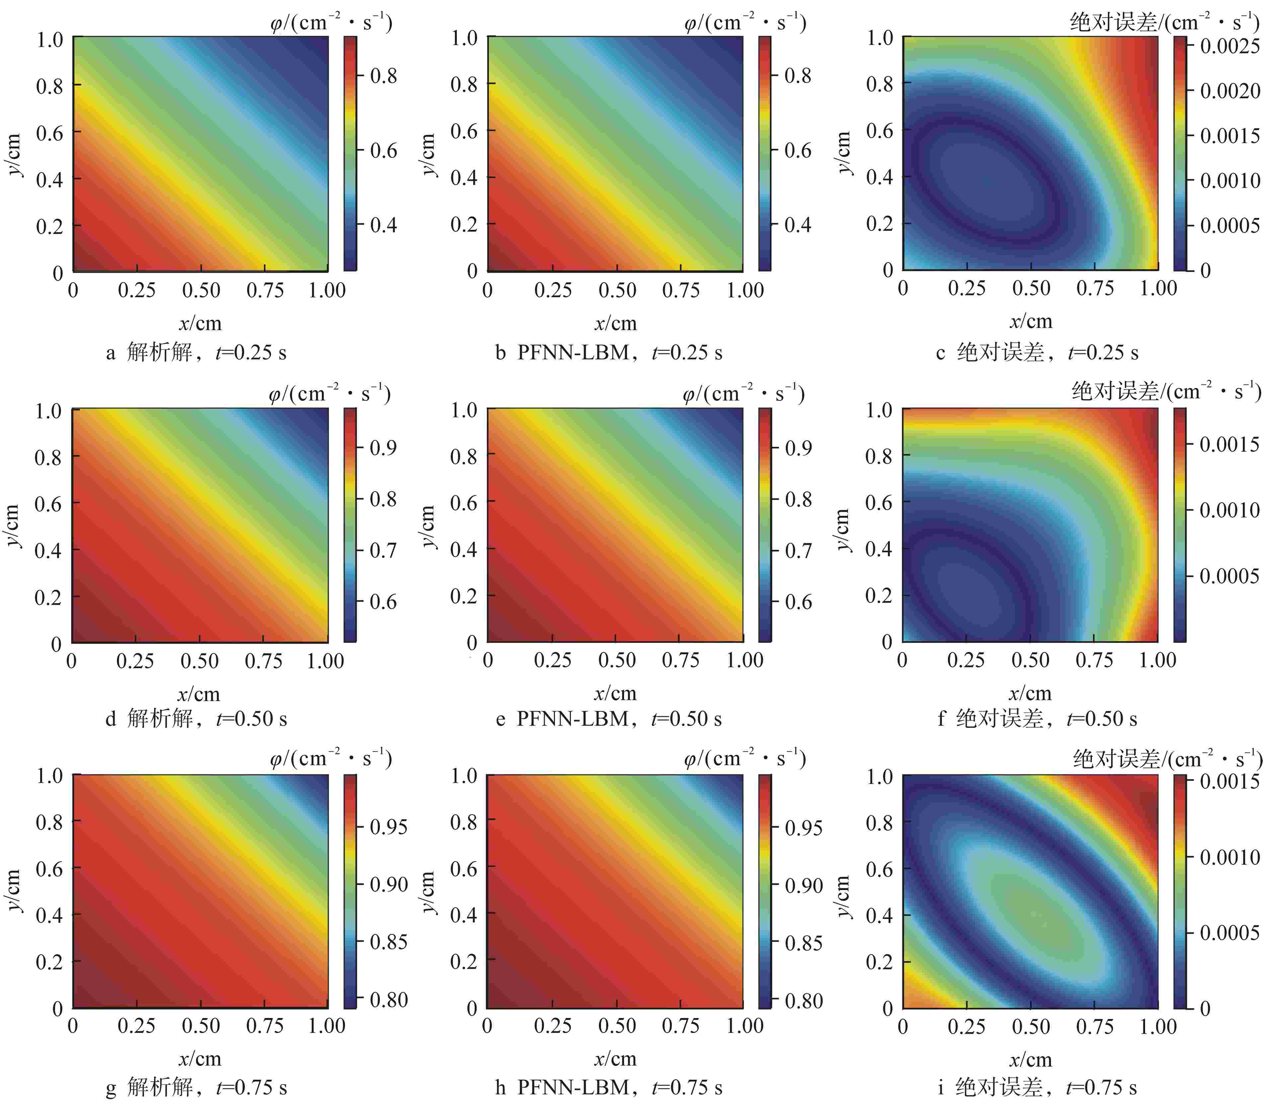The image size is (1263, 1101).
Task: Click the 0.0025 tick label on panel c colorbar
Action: [x=1230, y=46]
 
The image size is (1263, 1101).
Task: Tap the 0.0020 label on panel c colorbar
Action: [x=1230, y=91]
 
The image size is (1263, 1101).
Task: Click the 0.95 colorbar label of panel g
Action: [x=388, y=827]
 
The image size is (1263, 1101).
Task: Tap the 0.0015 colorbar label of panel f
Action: [x=1230, y=444]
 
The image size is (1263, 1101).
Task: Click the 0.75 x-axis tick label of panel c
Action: [x=1095, y=288]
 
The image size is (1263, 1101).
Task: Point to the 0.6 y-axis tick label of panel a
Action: [x=49, y=133]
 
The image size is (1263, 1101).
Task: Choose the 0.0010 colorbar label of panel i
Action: [x=1230, y=857]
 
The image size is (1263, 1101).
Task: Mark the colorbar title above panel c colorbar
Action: [x=1164, y=23]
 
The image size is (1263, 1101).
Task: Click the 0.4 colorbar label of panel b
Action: [x=797, y=225]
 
